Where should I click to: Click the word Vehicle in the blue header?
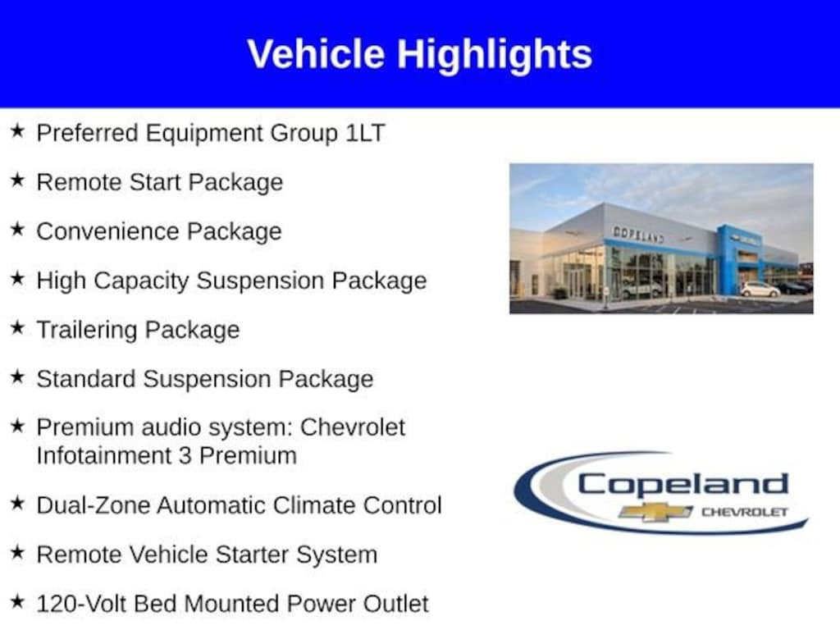[316, 53]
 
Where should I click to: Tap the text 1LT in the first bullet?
[365, 133]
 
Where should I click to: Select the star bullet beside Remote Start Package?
[18, 180]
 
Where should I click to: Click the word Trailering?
[87, 331]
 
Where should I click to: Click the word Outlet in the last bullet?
[396, 604]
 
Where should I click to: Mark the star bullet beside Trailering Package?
[18, 327]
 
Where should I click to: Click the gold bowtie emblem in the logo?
[655, 512]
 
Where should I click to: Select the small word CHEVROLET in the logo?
[745, 512]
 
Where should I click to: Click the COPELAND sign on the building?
[638, 234]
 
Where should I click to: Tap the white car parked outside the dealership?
[760, 290]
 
